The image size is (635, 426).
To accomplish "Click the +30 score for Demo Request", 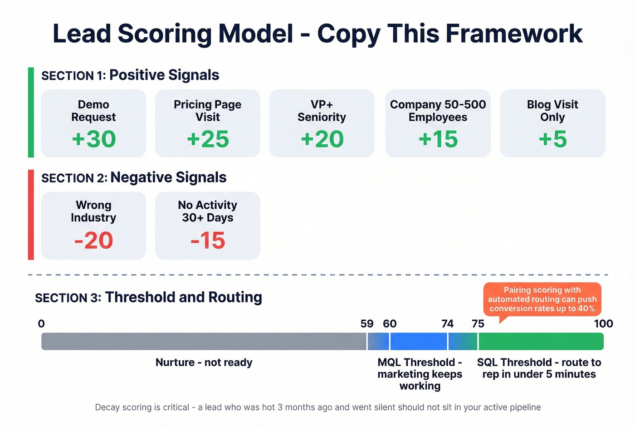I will click(94, 139).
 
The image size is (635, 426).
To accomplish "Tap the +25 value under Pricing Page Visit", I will click(208, 139).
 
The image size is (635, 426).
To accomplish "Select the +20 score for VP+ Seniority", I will click(322, 139).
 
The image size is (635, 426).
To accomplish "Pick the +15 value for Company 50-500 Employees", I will click(438, 139).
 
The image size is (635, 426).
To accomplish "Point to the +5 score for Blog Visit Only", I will click(552, 139).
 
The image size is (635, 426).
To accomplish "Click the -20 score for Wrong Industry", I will click(93, 240).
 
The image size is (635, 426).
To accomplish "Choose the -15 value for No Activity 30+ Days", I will click(208, 240).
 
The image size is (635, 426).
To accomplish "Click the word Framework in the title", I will click(514, 34).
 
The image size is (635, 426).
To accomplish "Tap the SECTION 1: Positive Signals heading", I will click(130, 75).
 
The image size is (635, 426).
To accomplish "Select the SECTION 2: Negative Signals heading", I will click(134, 177).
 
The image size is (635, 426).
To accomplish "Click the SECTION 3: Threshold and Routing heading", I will click(148, 297).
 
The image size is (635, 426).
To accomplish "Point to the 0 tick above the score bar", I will click(41, 323).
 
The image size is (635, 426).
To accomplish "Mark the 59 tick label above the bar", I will click(367, 323).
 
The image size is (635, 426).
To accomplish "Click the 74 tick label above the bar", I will click(447, 323).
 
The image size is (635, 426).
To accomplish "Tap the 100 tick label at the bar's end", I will click(603, 323).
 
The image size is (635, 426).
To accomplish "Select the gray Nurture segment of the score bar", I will click(204, 341).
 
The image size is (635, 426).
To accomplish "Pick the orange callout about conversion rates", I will click(542, 299).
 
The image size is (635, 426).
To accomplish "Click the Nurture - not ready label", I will click(204, 362).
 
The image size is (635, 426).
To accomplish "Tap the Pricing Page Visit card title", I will click(208, 111).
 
